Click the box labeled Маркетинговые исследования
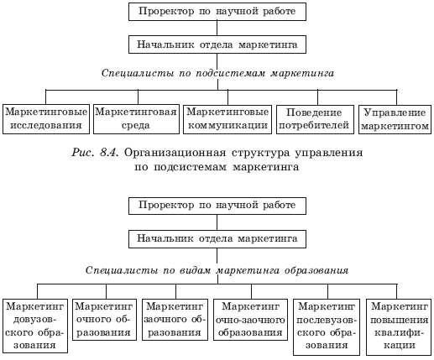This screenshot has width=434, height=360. (x=46, y=119)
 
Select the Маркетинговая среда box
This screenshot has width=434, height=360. (x=136, y=119)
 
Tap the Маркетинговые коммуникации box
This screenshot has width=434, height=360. (x=227, y=119)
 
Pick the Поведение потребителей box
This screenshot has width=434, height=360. (x=315, y=119)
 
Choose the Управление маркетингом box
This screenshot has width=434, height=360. (x=395, y=119)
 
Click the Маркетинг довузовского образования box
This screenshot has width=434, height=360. (x=35, y=326)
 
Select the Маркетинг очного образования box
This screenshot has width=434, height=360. (x=104, y=320)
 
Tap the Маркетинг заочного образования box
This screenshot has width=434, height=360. (x=175, y=320)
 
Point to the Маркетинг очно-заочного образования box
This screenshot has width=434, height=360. (x=250, y=320)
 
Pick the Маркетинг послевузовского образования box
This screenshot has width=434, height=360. (x=327, y=327)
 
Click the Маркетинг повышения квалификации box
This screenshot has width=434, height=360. (x=399, y=327)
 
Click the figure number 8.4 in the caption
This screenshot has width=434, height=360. (x=110, y=153)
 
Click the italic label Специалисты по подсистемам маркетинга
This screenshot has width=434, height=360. (x=217, y=73)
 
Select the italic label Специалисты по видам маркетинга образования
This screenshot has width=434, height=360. (x=217, y=270)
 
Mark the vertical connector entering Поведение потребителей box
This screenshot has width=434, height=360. (x=317, y=97)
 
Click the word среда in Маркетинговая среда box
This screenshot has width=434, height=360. (x=136, y=125)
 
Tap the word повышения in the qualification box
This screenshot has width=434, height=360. (x=400, y=320)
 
